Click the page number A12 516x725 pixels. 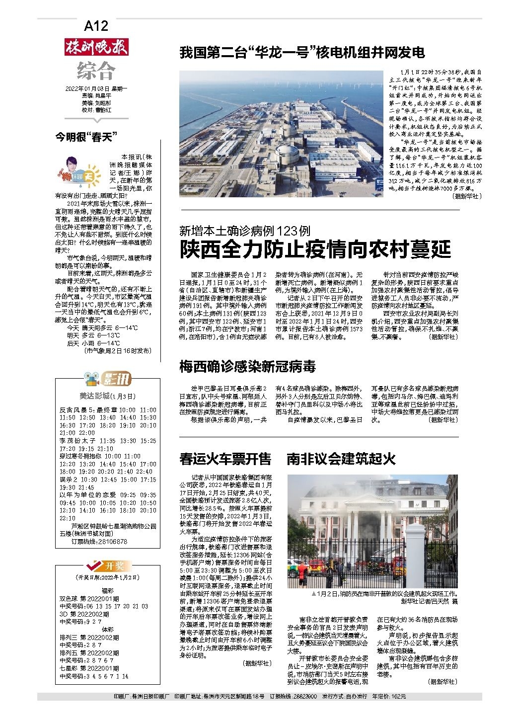(96, 26)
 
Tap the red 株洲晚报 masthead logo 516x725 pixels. (96, 47)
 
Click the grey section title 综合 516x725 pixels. (96, 71)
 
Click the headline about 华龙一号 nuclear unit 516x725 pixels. (302, 52)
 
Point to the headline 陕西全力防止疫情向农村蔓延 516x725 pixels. (315, 249)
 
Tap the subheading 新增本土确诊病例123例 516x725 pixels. (245, 231)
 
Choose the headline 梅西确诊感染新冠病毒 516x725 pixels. (247, 367)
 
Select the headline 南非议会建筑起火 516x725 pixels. (341, 458)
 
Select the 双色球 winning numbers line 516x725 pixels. (104, 606)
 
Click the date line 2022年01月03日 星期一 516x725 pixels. (96, 88)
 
